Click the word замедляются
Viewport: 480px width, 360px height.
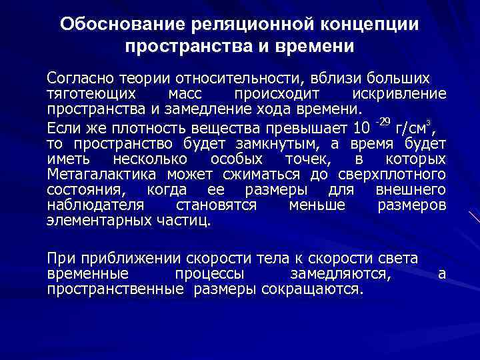click(x=342, y=274)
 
